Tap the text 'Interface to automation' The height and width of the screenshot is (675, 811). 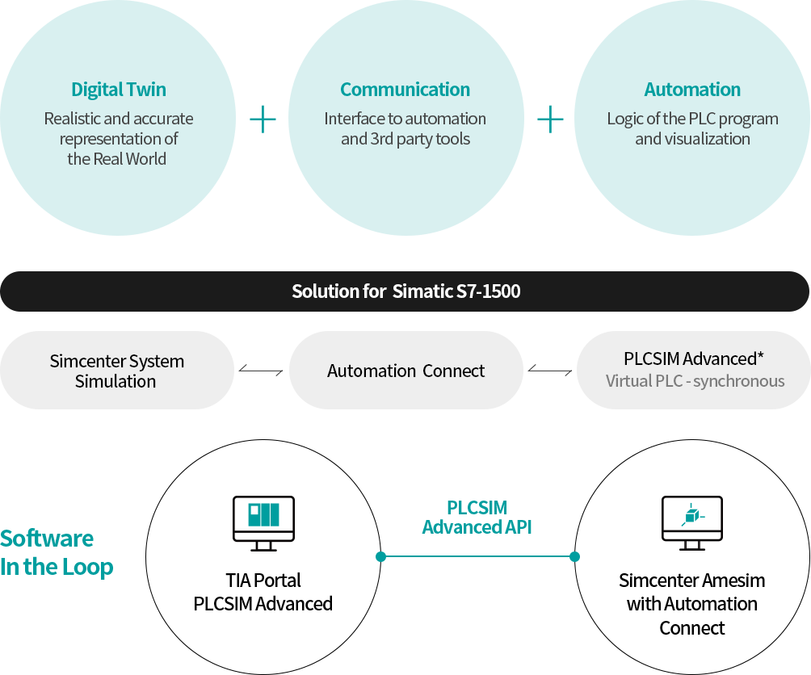405,119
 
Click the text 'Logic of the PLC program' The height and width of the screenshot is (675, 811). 692,119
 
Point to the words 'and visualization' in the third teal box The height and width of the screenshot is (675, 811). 692,139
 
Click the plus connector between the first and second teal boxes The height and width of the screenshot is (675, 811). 263,119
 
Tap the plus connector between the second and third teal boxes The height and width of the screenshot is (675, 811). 550,119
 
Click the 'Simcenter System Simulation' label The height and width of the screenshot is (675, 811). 116,371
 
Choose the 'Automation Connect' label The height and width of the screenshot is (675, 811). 405,371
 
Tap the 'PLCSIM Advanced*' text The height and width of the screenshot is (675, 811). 694,358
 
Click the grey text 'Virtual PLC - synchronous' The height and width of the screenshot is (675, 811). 695,381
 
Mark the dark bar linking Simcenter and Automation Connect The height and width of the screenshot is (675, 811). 260,370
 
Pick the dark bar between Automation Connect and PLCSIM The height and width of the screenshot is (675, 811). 549,370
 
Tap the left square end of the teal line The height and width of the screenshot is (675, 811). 381,556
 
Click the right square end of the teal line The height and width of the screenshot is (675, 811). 574,556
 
